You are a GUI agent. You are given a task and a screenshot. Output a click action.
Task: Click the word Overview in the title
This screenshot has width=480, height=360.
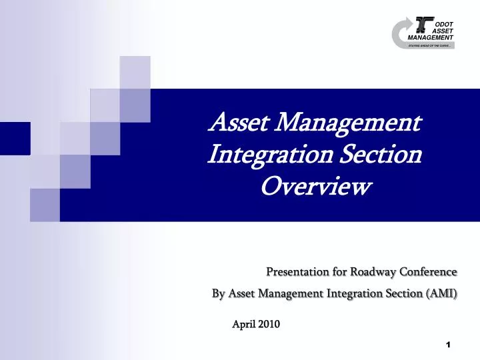pyautogui.click(x=314, y=187)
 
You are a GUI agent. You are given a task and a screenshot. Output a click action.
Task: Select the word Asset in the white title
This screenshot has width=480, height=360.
pyautogui.click(x=239, y=123)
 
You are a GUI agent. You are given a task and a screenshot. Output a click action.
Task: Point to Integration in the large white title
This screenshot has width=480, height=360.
pyautogui.click(x=270, y=155)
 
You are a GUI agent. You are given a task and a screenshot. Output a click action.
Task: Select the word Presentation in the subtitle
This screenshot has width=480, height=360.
pyautogui.click(x=296, y=272)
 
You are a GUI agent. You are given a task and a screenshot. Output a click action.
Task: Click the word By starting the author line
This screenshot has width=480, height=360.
pyautogui.click(x=218, y=293)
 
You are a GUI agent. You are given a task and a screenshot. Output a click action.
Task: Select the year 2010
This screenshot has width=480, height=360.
pyautogui.click(x=269, y=325)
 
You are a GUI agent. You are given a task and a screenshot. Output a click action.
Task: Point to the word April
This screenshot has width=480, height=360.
pyautogui.click(x=243, y=325)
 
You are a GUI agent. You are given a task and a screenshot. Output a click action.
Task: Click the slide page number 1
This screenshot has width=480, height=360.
pyautogui.click(x=448, y=345)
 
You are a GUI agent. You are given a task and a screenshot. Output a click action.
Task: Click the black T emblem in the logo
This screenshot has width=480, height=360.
pyautogui.click(x=423, y=25)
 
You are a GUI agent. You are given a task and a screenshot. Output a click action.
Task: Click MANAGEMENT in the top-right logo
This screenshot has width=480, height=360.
pyautogui.click(x=431, y=37)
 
